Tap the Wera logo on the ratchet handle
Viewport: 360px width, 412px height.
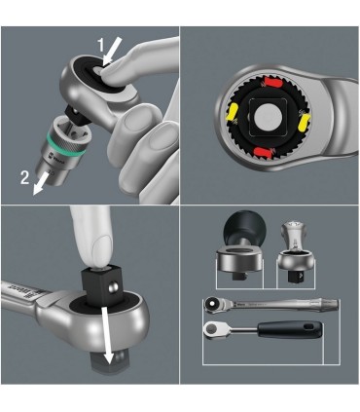14,288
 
